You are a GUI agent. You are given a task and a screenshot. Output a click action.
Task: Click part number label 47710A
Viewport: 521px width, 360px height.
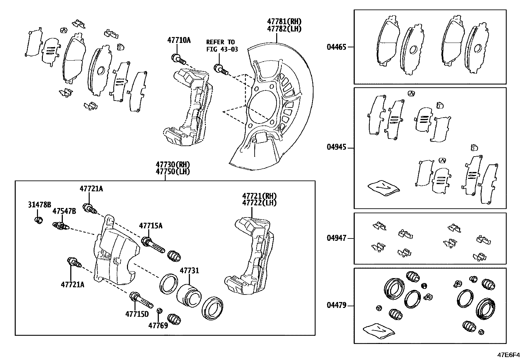point(179,40)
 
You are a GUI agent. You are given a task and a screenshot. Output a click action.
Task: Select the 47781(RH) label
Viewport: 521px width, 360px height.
point(284,22)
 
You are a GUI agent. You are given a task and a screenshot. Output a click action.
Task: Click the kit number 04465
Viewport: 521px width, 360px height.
point(336,47)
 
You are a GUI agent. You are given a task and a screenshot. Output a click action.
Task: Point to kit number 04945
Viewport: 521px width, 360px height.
point(336,147)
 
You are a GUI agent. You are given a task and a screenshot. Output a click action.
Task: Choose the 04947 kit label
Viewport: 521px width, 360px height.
point(336,238)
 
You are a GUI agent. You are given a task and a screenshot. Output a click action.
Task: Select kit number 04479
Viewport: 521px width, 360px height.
point(336,306)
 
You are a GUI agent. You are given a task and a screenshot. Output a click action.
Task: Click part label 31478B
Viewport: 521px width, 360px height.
point(39,205)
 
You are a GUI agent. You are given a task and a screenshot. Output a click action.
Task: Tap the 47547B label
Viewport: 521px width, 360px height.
point(64,211)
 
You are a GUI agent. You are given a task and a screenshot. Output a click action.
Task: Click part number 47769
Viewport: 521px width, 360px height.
point(158,325)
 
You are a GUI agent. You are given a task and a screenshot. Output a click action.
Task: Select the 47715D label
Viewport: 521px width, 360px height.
point(137,314)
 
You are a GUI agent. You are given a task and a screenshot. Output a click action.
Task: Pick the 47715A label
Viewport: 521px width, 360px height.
point(151,226)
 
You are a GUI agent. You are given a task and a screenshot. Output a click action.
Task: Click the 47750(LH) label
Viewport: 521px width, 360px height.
point(173,171)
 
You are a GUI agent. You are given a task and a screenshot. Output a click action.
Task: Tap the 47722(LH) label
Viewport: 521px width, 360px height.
point(259,203)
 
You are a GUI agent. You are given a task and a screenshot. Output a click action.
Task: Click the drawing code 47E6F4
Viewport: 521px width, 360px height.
point(508,355)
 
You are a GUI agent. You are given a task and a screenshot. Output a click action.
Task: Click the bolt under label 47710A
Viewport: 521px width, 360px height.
point(178,60)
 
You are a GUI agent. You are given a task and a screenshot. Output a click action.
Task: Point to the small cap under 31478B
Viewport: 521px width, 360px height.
point(39,220)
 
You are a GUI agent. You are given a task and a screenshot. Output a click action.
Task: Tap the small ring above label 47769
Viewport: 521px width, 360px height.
point(159,311)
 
